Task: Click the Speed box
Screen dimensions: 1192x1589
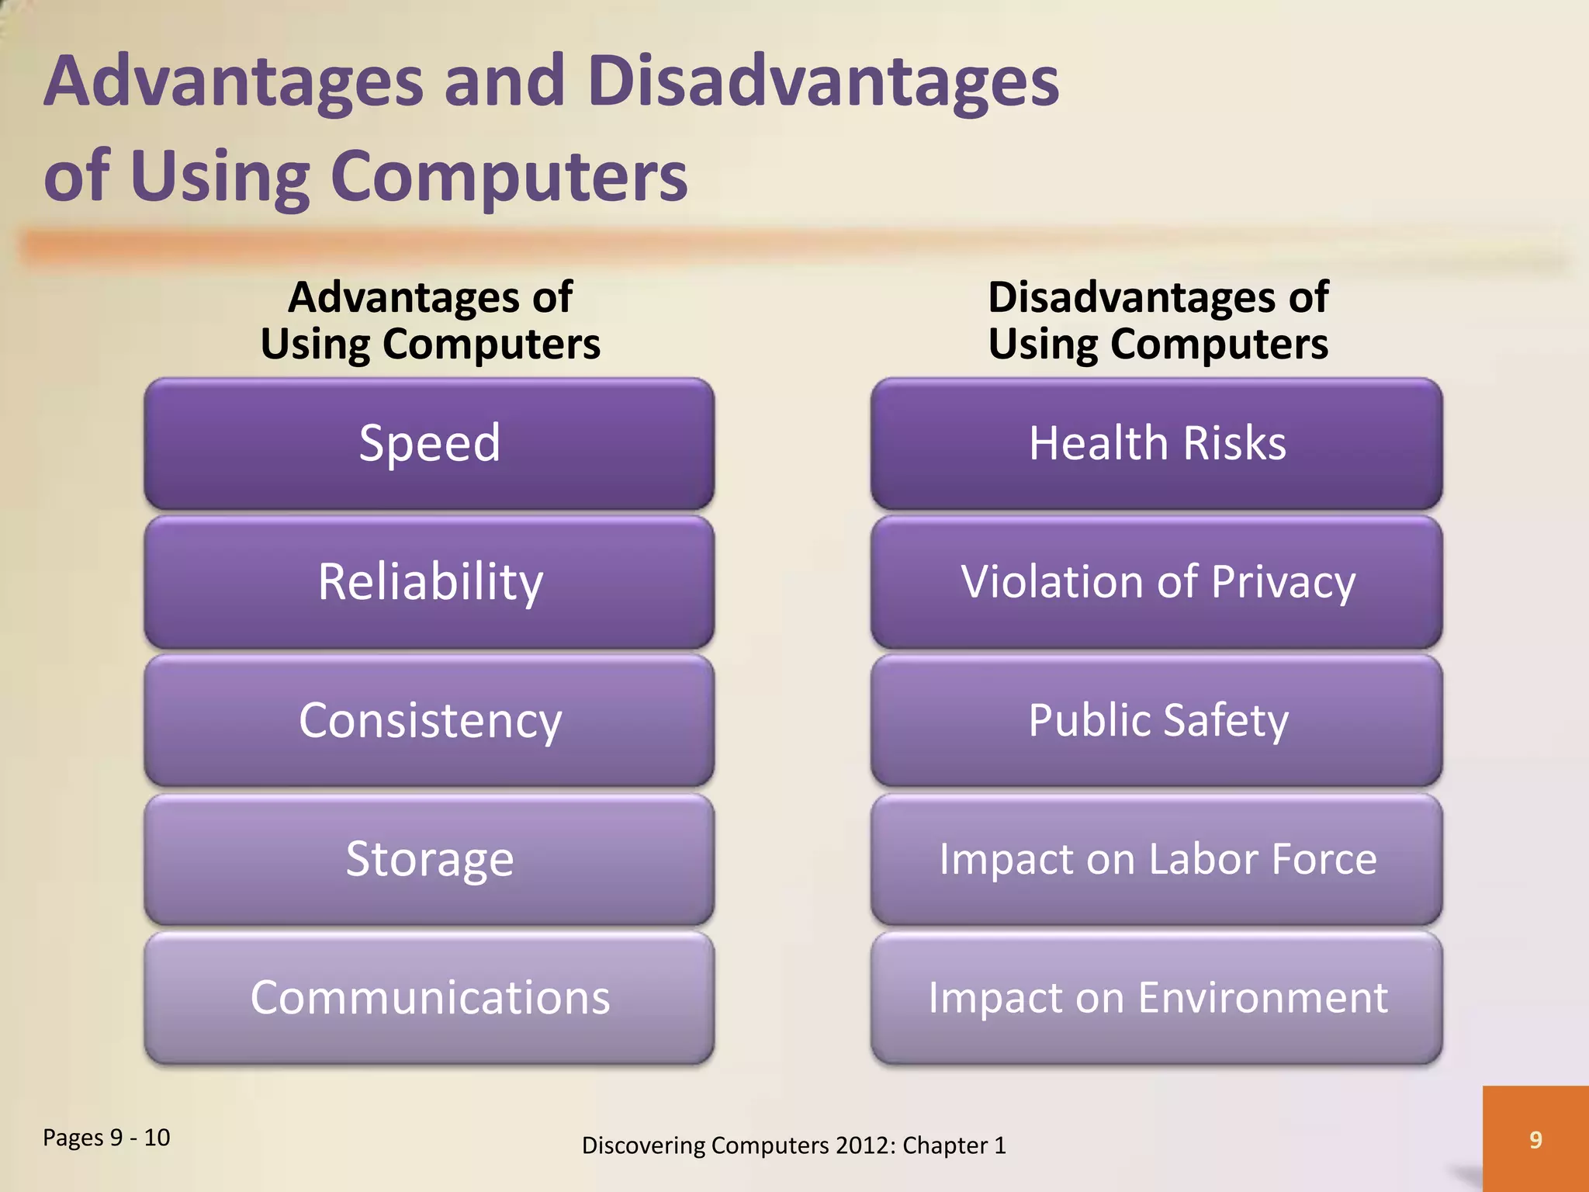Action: click(429, 444)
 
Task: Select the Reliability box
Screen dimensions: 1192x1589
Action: click(429, 582)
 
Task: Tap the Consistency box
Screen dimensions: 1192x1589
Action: click(429, 720)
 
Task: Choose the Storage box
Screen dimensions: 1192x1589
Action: click(429, 859)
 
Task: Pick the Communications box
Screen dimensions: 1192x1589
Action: click(429, 997)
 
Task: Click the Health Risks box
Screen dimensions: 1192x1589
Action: click(1156, 444)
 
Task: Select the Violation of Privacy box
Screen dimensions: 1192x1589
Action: click(1156, 582)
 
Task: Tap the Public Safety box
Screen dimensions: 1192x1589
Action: click(1156, 720)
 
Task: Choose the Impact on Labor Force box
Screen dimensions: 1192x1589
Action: click(1156, 859)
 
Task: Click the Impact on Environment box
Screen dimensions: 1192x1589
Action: click(1156, 997)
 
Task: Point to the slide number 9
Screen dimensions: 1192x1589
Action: click(1535, 1139)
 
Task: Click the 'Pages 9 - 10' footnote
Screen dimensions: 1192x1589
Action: click(106, 1138)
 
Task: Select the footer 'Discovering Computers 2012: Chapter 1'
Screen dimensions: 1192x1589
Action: click(794, 1145)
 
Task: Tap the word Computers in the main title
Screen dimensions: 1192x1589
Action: click(509, 177)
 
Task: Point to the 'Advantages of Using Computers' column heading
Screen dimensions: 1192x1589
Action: click(430, 321)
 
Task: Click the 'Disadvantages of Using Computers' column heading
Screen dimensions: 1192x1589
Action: click(1158, 321)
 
